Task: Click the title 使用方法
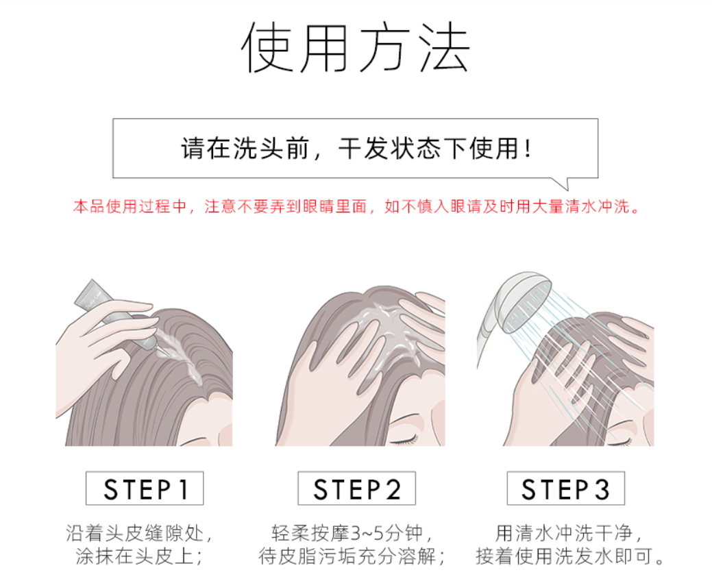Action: [355, 47]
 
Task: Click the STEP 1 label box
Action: [145, 489]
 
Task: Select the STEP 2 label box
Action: [356, 489]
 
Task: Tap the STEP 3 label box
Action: [566, 489]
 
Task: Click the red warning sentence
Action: [356, 206]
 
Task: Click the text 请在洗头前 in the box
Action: [245, 149]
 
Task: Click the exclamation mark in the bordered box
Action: [527, 149]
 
